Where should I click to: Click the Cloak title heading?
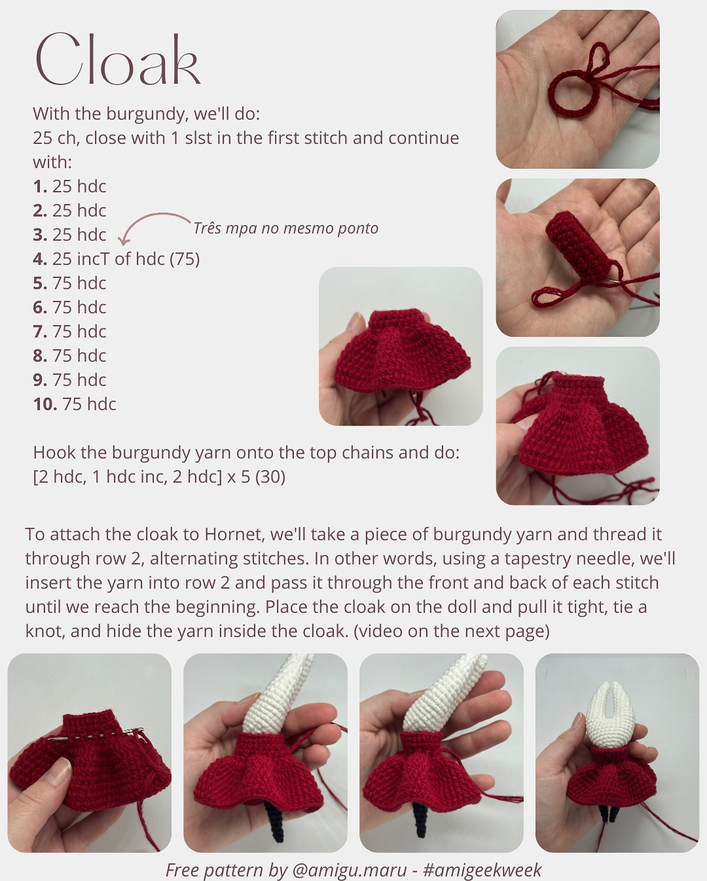click(x=118, y=60)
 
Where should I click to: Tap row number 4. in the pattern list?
click(x=40, y=259)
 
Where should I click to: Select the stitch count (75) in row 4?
click(x=185, y=259)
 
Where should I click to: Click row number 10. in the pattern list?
click(x=45, y=405)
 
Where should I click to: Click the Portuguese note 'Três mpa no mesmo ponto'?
click(x=285, y=228)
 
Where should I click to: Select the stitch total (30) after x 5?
click(x=270, y=477)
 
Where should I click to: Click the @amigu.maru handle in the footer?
click(x=349, y=870)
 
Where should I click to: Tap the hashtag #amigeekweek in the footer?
click(x=482, y=870)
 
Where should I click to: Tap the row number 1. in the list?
click(x=40, y=187)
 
